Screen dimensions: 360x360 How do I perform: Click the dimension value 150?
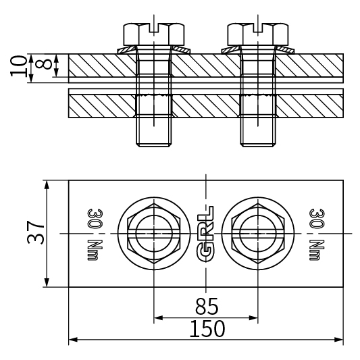click(x=207, y=329)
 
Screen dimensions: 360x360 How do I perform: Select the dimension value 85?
click(x=207, y=307)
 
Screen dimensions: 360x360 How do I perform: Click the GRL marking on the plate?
click(x=206, y=233)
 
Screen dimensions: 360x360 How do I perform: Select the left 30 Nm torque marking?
click(x=95, y=233)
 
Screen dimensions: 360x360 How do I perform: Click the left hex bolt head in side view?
click(x=154, y=32)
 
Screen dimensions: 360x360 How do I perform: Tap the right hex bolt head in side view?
click(x=258, y=32)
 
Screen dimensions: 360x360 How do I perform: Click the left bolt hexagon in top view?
click(x=154, y=233)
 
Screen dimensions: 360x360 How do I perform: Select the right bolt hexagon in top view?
click(x=258, y=233)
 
